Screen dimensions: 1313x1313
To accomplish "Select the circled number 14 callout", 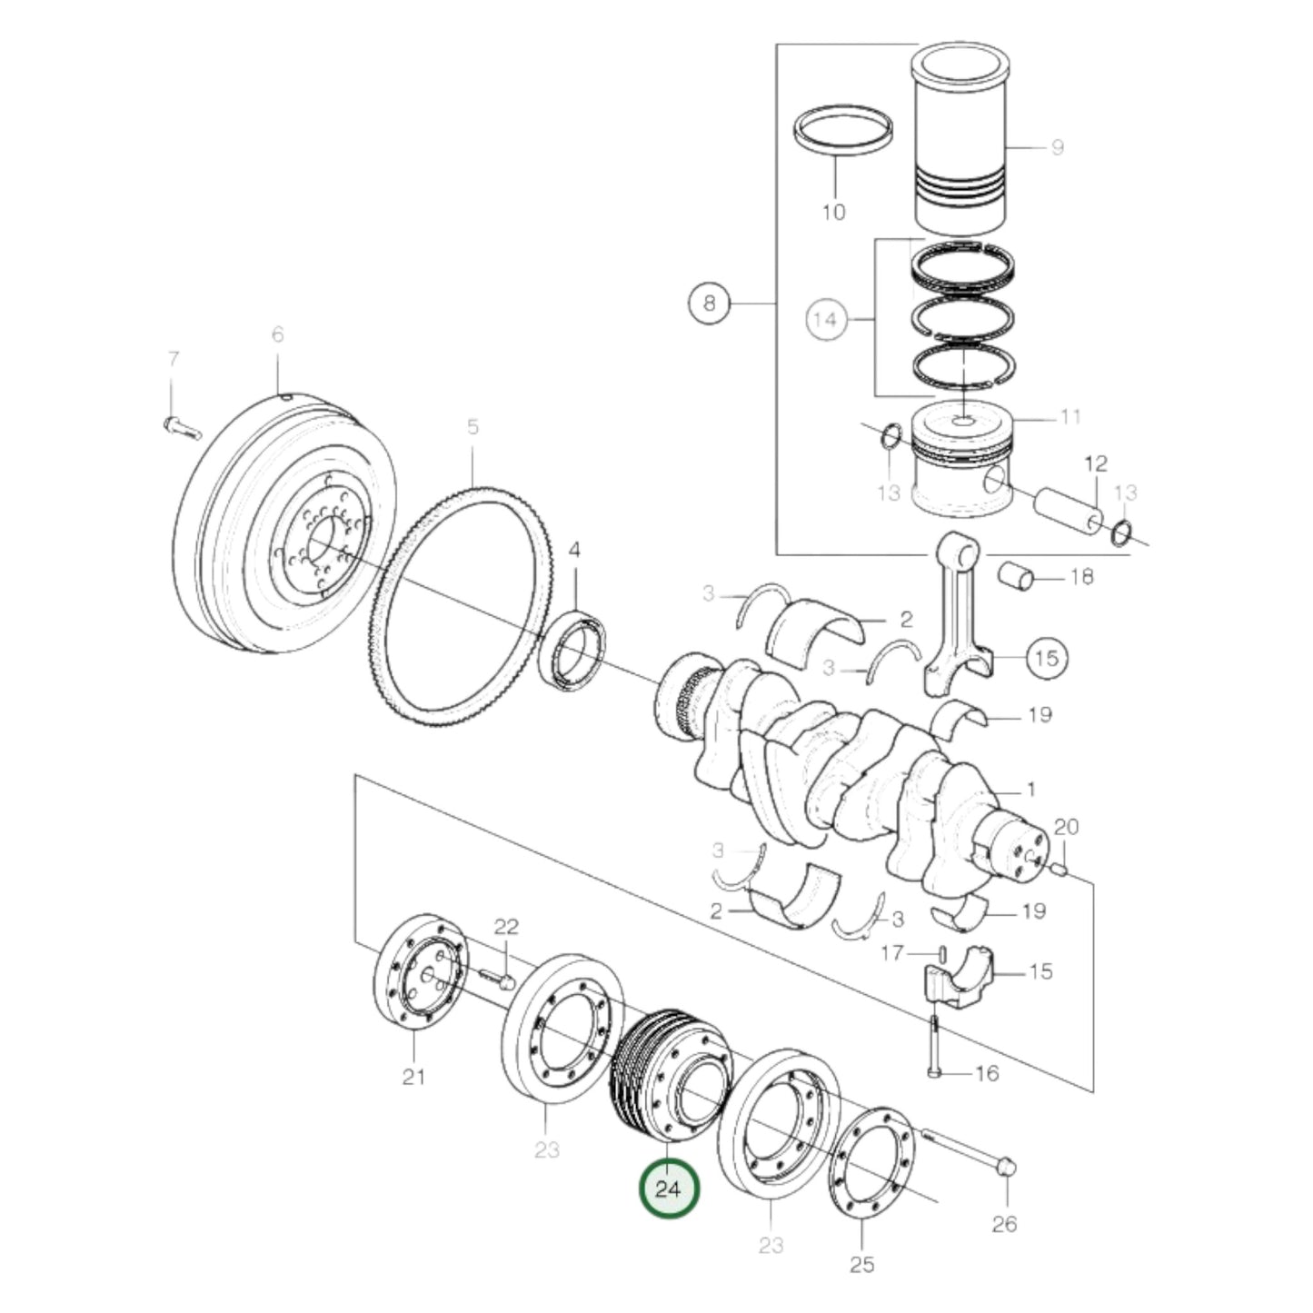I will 825,319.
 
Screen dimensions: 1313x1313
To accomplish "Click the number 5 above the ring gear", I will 472,426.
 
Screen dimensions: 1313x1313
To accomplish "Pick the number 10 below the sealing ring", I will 833,212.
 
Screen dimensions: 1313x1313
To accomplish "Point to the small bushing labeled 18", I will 1017,576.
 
